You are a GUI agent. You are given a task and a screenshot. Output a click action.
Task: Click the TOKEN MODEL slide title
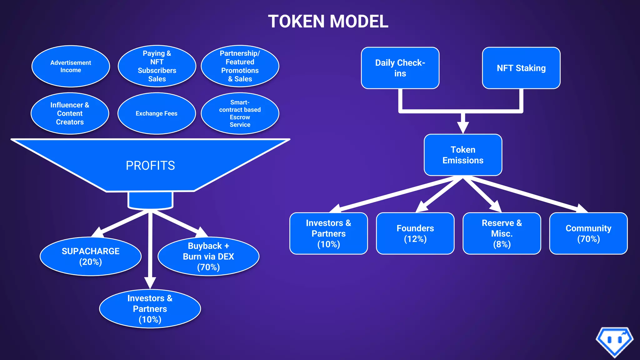pos(328,21)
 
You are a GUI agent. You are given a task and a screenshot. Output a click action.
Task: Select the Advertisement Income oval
pos(71,66)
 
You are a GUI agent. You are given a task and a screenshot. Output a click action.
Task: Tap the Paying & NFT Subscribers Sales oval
pos(157,66)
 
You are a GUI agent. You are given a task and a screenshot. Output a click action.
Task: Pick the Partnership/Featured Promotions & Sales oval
pos(240,66)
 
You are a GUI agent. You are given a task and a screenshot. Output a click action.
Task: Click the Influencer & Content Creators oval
pos(70,113)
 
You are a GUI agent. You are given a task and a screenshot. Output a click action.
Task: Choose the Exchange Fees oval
pos(157,113)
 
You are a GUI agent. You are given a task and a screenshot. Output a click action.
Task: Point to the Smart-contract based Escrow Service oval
pos(240,113)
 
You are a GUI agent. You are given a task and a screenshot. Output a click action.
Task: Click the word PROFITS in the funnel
pos(150,166)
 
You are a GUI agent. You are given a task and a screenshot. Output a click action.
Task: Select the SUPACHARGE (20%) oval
pos(91,256)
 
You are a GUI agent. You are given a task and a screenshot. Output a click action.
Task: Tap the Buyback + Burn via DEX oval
pos(208,256)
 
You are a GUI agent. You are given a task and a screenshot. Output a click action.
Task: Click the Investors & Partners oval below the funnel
pos(150,309)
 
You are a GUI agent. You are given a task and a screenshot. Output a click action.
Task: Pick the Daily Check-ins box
pos(400,68)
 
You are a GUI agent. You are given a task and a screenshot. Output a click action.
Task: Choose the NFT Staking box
pos(521,68)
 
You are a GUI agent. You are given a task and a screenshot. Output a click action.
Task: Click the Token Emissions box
pos(463,155)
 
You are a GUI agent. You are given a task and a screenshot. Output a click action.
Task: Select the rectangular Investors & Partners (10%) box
pos(328,233)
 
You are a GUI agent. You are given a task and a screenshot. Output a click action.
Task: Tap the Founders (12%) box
pos(415,233)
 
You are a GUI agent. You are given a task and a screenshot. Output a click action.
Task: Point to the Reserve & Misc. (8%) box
pos(502,233)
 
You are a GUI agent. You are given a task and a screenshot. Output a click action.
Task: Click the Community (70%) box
pos(588,233)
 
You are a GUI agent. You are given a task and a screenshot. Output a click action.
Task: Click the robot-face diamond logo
pos(614,341)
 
